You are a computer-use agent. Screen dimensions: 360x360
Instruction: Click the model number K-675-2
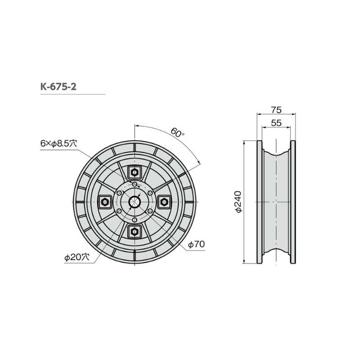click(58, 86)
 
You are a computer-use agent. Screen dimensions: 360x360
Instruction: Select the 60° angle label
click(177, 133)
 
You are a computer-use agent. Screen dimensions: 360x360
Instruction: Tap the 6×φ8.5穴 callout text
click(58, 143)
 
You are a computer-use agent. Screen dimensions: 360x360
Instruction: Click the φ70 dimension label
click(196, 244)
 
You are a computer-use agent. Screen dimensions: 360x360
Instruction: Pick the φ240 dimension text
click(238, 202)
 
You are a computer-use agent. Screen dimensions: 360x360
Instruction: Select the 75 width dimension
click(276, 109)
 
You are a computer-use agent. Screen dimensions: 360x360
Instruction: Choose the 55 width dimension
click(276, 122)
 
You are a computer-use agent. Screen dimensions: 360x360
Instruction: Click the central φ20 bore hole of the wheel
click(134, 202)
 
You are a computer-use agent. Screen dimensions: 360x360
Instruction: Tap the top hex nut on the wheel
click(134, 172)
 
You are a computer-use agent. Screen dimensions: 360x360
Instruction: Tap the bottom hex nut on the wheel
click(134, 232)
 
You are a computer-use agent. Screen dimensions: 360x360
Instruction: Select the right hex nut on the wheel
click(164, 202)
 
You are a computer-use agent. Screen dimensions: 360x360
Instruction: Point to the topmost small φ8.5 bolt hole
click(134, 184)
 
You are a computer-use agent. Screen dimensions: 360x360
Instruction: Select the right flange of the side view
click(293, 202)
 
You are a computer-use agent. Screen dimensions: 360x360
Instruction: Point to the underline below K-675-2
click(72, 94)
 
